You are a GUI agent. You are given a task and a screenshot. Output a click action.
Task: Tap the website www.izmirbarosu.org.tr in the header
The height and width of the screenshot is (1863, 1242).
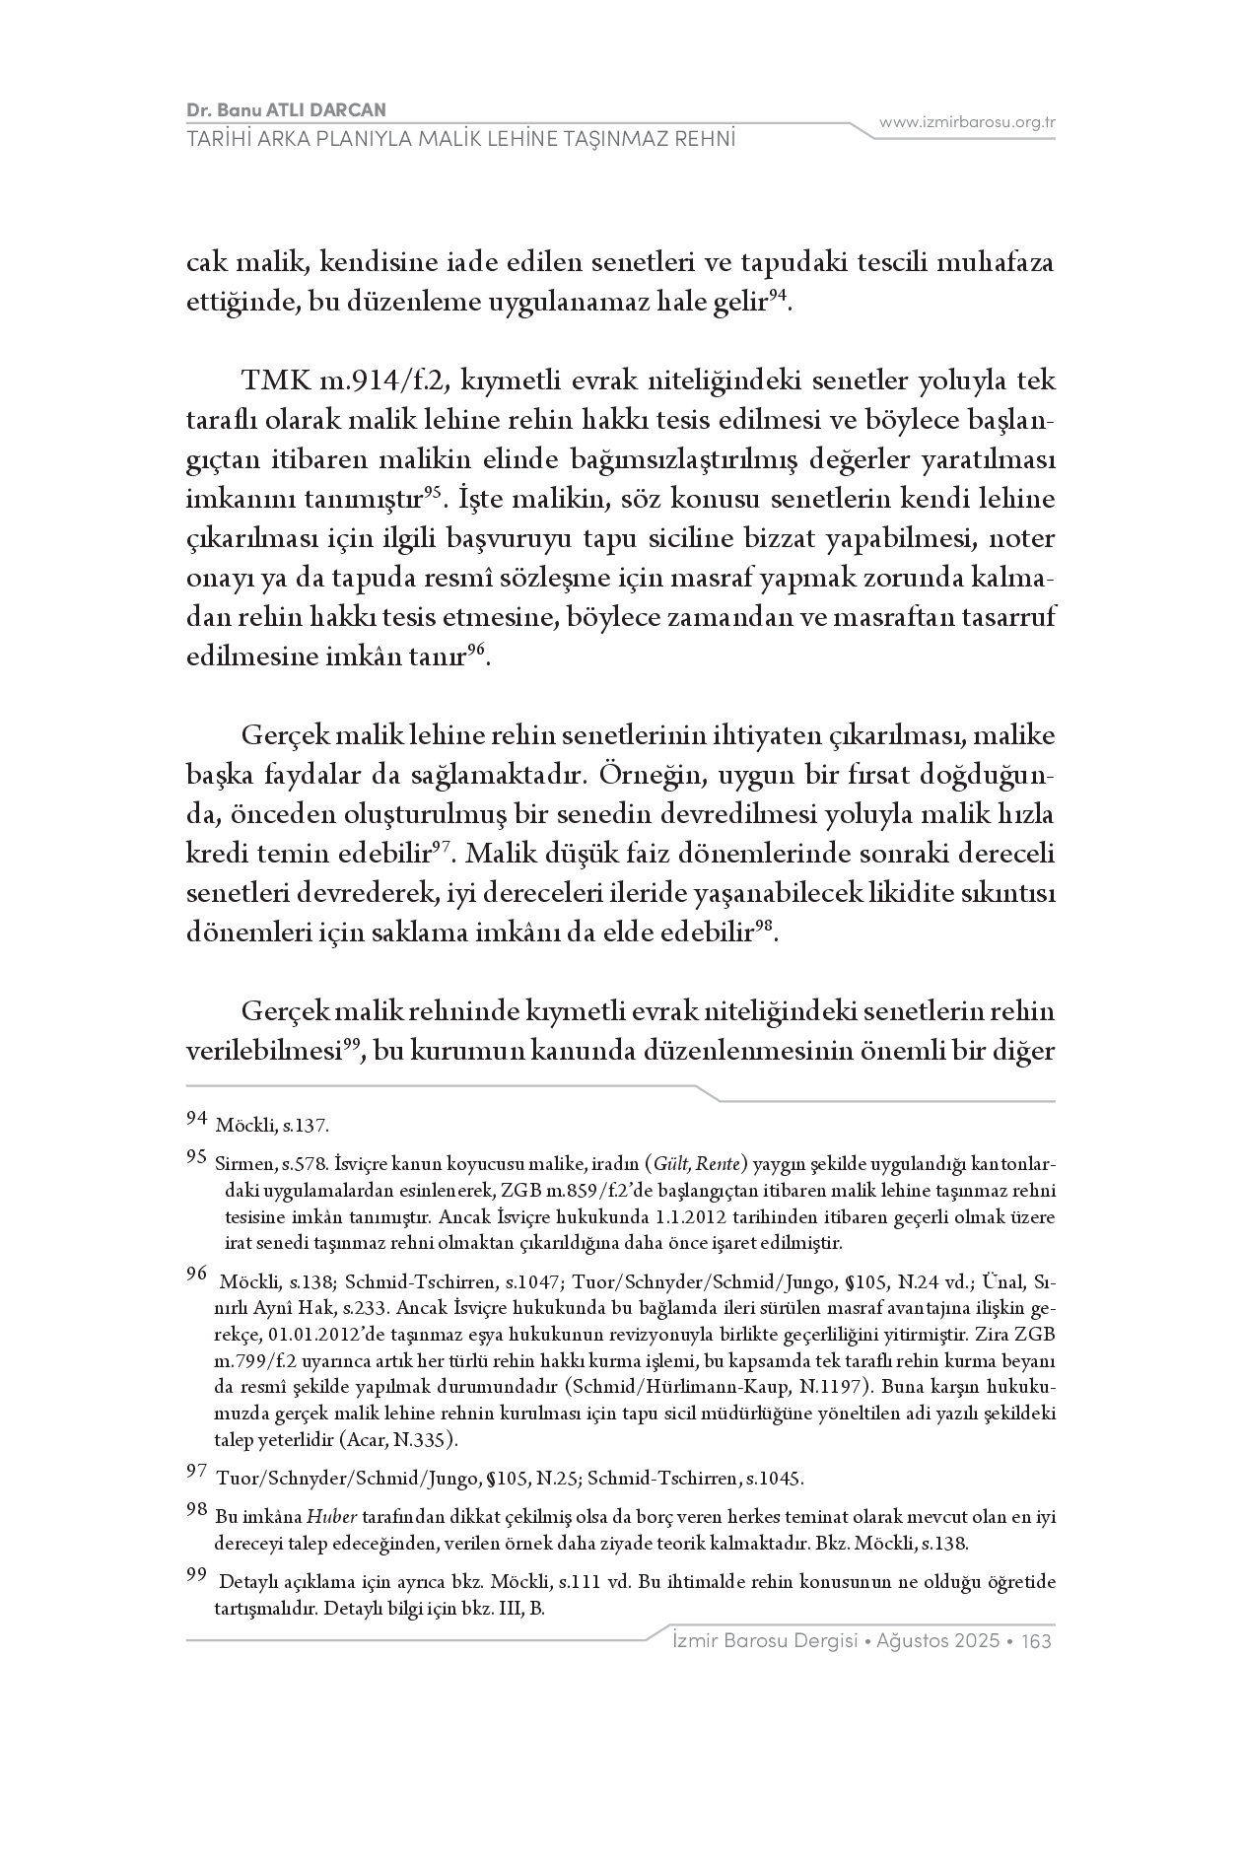[967, 122]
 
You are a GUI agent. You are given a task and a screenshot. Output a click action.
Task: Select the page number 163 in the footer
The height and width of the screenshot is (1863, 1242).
[1037, 1641]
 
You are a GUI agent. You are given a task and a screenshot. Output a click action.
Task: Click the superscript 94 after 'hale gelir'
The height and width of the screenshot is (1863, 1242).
[778, 295]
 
